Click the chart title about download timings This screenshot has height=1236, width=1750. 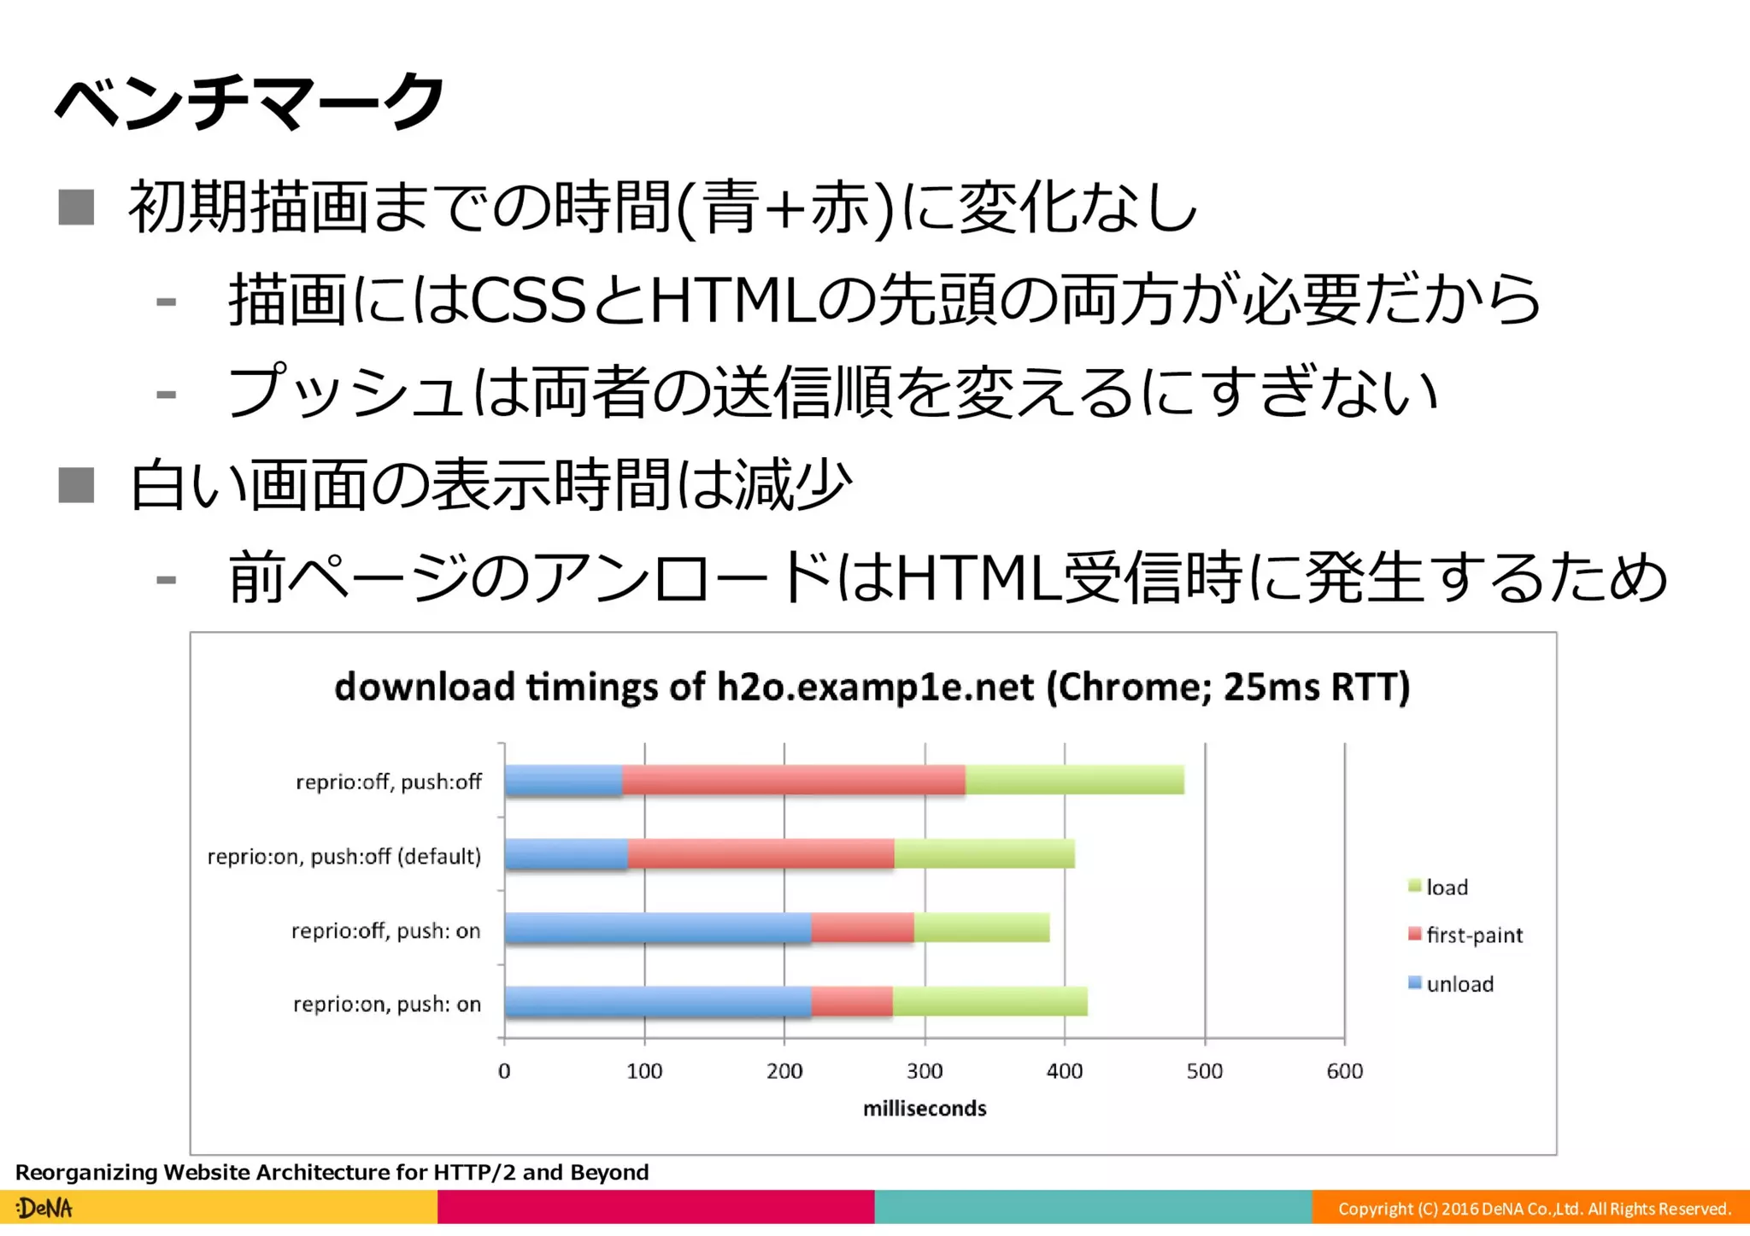872,687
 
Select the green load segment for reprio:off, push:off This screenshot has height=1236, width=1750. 1074,780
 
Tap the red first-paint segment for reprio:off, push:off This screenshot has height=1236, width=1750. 793,780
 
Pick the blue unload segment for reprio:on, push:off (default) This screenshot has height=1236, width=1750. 566,854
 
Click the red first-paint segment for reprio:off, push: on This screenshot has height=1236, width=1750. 861,928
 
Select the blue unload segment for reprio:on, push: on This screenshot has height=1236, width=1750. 657,1002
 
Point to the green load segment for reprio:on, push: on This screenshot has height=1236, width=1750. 990,1002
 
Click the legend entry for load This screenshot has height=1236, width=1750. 1446,887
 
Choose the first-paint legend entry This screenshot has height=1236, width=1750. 1473,935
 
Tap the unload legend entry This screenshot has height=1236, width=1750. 1459,984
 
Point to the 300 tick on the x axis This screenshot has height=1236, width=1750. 925,1071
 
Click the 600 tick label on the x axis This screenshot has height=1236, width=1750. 1344,1071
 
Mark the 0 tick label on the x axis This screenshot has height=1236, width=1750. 504,1071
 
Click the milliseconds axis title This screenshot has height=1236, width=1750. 925,1109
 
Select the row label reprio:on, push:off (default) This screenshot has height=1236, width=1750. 344,856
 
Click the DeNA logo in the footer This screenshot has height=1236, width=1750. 44,1209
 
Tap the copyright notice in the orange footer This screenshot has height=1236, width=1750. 1534,1209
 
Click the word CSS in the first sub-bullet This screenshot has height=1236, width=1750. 527,301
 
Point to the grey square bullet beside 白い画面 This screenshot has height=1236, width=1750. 76,485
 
